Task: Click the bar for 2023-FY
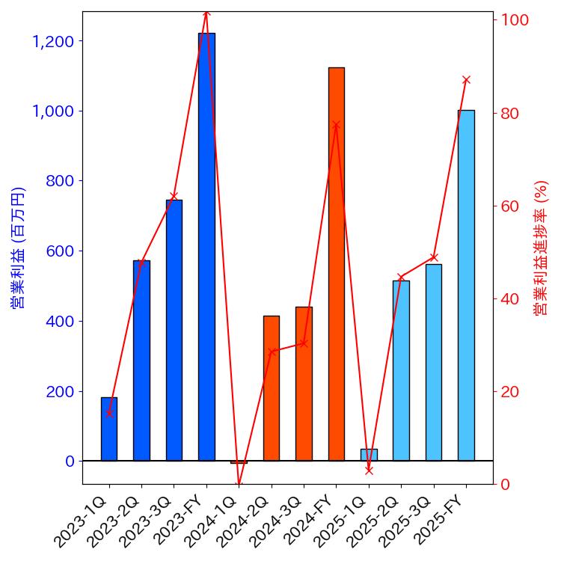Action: tap(206, 247)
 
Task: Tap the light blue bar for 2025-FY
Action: tap(466, 285)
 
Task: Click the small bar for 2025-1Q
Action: tap(369, 455)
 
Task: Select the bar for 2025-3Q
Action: tap(434, 362)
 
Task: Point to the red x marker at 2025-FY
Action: tap(466, 80)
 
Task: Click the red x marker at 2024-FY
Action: tap(336, 125)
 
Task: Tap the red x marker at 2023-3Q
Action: tap(174, 197)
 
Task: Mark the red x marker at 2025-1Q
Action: tap(369, 470)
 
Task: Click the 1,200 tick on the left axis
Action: tap(53, 41)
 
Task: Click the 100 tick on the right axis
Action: tap(515, 20)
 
